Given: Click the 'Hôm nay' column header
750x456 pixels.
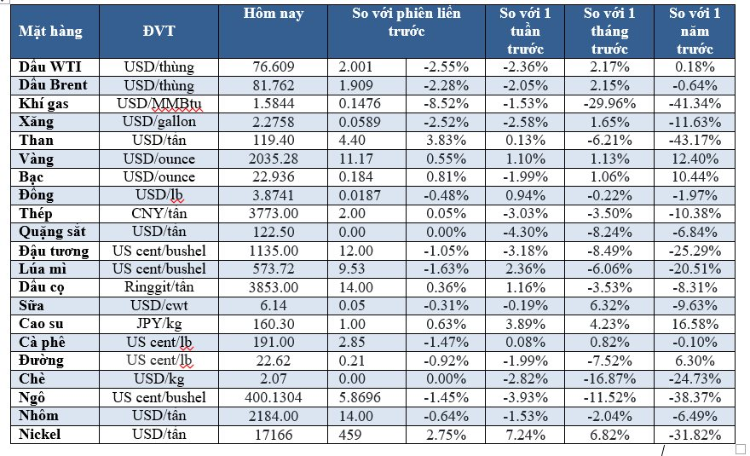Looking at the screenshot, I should pyautogui.click(x=273, y=14).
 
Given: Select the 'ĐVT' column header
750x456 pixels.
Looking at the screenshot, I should pyautogui.click(x=159, y=32).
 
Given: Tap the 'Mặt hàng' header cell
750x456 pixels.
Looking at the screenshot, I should pyautogui.click(x=51, y=32).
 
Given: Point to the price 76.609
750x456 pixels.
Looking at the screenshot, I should pyautogui.click(x=273, y=66).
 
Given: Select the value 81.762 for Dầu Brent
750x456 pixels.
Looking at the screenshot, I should pyautogui.click(x=273, y=85).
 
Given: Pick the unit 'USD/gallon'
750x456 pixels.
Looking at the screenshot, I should pyautogui.click(x=159, y=122).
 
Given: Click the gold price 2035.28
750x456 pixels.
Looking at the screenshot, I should pyautogui.click(x=273, y=159).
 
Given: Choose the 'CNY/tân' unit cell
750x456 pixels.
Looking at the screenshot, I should pyautogui.click(x=159, y=214).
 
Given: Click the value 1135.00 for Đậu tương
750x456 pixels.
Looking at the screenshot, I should pyautogui.click(x=273, y=251).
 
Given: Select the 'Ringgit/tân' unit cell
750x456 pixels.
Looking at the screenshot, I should pyautogui.click(x=159, y=287).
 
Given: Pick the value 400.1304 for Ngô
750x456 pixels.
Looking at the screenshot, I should pyautogui.click(x=273, y=398).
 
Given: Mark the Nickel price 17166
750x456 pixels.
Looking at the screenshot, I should pyautogui.click(x=273, y=435).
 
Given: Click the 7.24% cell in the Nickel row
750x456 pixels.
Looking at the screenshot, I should pyautogui.click(x=526, y=435).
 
